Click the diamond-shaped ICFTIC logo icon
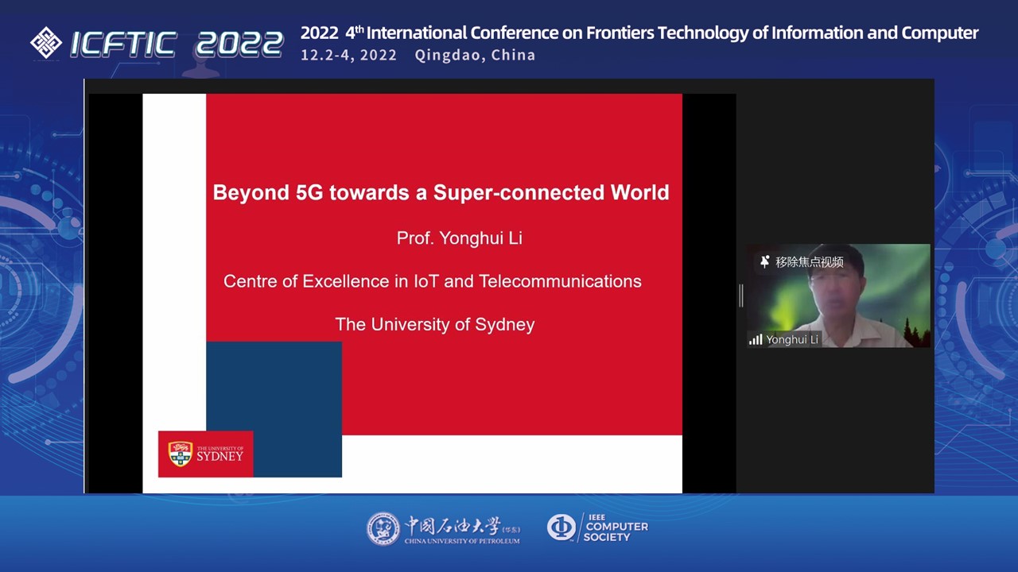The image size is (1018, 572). [x=46, y=43]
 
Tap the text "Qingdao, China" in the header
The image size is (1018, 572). [x=475, y=56]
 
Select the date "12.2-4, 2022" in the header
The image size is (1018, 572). [x=348, y=56]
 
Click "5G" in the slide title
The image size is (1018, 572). [x=309, y=192]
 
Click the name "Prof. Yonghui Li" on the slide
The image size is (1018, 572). [x=460, y=238]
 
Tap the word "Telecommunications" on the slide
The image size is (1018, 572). [x=560, y=281]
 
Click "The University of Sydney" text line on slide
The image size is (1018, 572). [x=435, y=325]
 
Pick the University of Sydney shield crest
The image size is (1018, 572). [x=181, y=454]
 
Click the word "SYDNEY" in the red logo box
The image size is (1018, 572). [x=220, y=456]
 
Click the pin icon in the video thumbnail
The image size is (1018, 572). [x=765, y=261]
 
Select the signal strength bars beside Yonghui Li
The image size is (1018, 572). [x=756, y=339]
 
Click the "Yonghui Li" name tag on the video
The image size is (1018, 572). [x=791, y=339]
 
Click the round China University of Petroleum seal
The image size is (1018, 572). [x=383, y=529]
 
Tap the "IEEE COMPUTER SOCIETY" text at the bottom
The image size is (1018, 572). [x=616, y=528]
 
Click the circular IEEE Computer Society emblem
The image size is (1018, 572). [x=561, y=528]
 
